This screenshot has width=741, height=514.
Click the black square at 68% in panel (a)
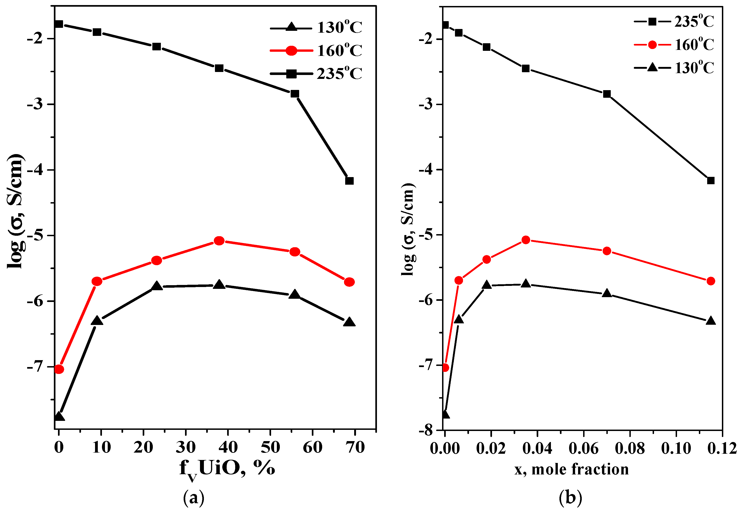click(x=349, y=181)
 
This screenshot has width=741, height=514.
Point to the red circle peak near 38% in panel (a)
click(x=219, y=241)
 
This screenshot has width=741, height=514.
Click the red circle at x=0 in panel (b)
click(x=445, y=368)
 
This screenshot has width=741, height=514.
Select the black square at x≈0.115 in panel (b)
click(x=711, y=180)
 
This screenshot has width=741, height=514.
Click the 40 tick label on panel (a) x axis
click(x=228, y=447)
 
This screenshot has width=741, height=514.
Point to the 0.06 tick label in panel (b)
click(x=583, y=448)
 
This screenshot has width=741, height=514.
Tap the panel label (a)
click(x=194, y=498)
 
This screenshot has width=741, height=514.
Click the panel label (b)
click(x=570, y=498)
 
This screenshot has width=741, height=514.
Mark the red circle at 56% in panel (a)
click(x=295, y=252)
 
